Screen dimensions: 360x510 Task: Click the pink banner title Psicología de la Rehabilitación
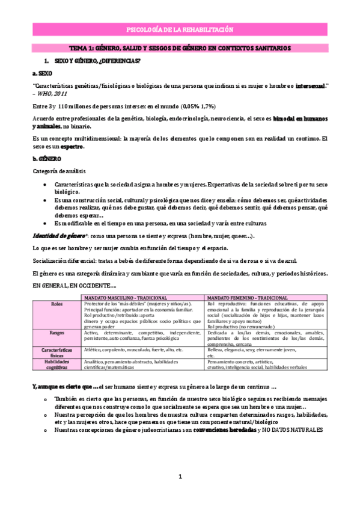point(180,29)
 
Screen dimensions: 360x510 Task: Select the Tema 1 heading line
point(180,48)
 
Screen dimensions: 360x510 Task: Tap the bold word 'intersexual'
point(310,86)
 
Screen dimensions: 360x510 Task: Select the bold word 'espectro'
point(71,147)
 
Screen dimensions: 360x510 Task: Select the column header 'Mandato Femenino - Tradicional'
point(247,298)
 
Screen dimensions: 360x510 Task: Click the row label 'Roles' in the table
point(57,304)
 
